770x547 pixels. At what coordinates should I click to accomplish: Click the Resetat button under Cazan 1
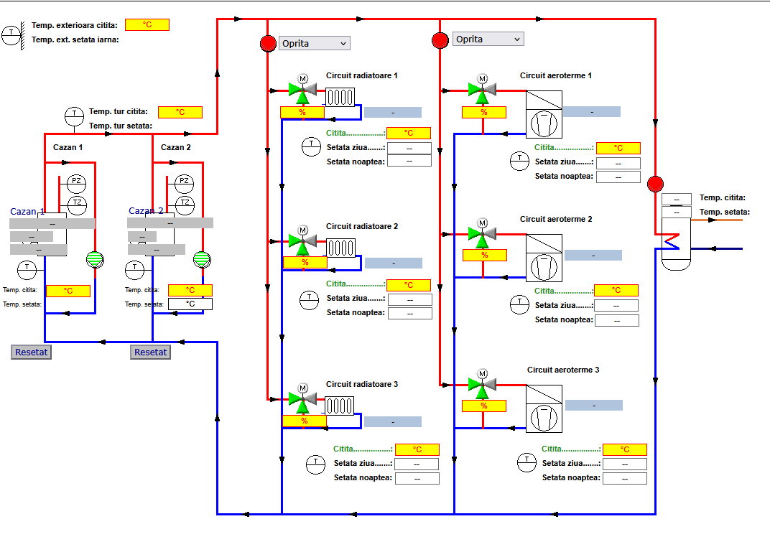31,352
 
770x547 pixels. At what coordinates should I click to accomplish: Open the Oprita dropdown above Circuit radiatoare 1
314,43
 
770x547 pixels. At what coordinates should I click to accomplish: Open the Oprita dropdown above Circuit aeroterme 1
488,39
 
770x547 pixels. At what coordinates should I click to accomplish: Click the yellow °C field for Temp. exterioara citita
147,24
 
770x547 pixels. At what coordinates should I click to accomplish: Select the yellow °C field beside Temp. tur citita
180,112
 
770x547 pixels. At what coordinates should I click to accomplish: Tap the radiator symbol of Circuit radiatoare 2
342,248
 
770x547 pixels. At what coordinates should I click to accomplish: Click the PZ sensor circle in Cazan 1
76,181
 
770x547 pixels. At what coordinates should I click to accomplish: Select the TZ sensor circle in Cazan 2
185,202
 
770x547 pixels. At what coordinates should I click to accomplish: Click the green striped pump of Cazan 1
95,259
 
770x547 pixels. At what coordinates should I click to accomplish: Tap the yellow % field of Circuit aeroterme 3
483,406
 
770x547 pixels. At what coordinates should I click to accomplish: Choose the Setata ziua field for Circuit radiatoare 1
409,148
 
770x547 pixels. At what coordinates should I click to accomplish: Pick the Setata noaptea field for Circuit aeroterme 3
624,478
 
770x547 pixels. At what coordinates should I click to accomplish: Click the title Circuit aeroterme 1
555,75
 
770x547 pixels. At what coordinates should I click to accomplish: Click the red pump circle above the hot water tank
655,184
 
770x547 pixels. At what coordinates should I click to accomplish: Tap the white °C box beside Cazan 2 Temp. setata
190,304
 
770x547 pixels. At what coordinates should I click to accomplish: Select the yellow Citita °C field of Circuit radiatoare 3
417,449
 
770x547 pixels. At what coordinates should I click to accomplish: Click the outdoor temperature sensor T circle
11,34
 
